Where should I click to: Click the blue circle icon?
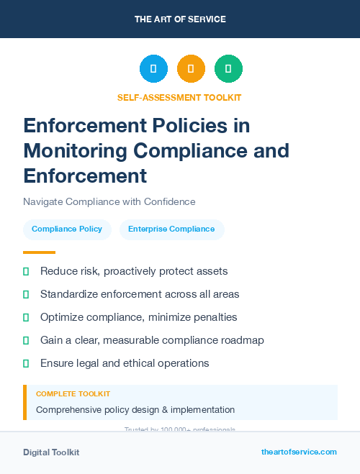[x=153, y=68]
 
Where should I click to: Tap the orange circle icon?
[x=191, y=68]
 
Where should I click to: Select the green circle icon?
[x=228, y=68]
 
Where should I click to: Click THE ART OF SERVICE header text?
[x=180, y=19]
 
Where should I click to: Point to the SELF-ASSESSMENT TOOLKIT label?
[x=179, y=97]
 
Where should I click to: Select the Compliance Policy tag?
[x=67, y=229]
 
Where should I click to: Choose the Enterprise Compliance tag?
[x=171, y=229]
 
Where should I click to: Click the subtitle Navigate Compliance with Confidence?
[x=109, y=201]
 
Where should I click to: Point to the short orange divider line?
[x=39, y=252]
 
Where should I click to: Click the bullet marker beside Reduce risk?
[x=26, y=271]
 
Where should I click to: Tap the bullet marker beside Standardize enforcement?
[x=26, y=294]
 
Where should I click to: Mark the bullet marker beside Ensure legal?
[x=26, y=363]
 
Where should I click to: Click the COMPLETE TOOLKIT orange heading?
[x=73, y=394]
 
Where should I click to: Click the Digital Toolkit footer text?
[x=51, y=452]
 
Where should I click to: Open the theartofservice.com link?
[x=299, y=452]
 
